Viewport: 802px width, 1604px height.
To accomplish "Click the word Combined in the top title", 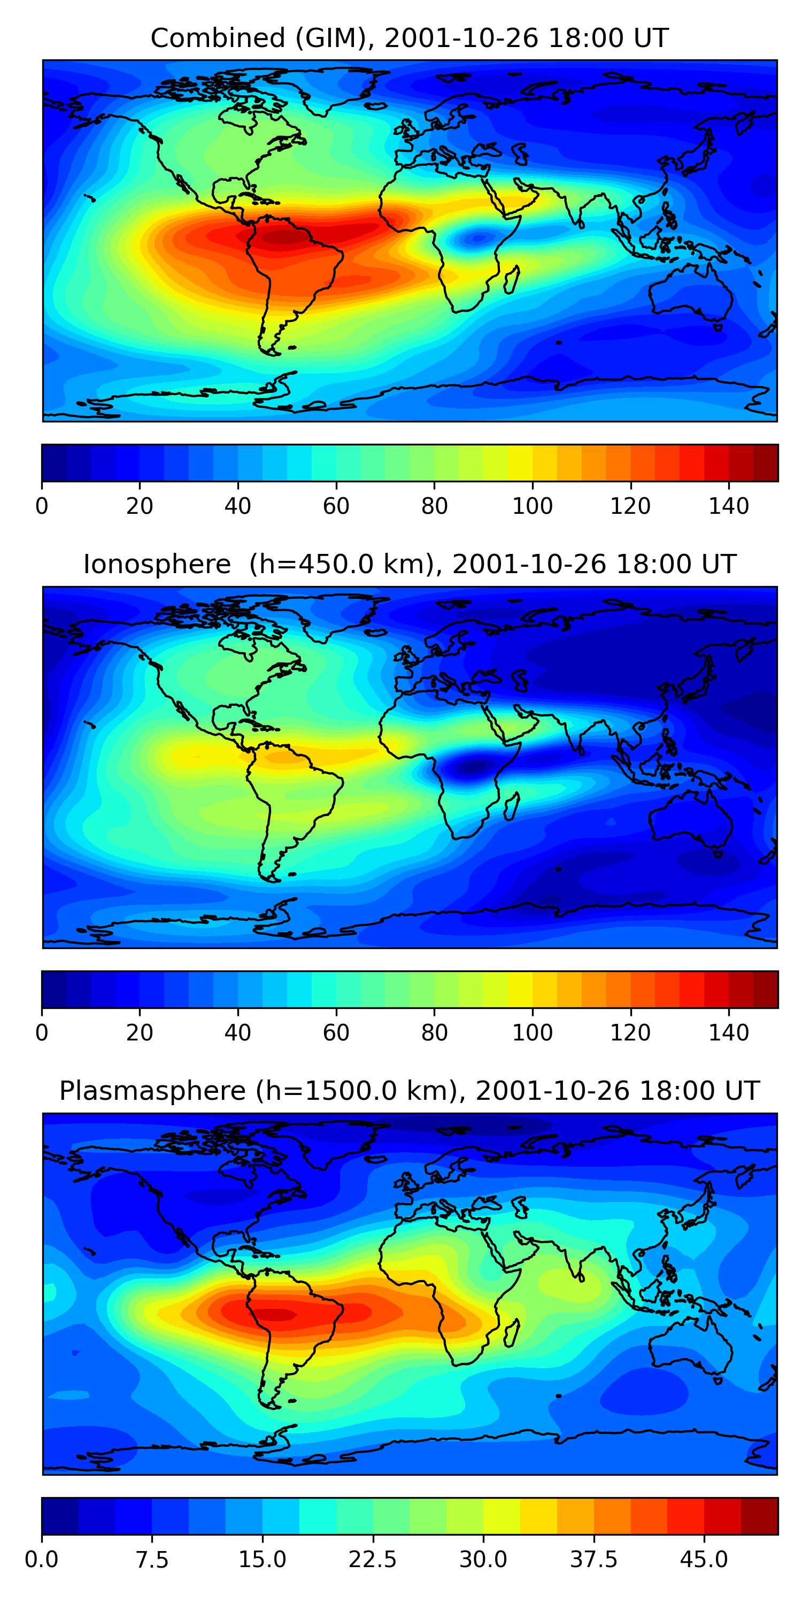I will (217, 38).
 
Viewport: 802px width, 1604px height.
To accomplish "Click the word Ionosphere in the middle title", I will (157, 565).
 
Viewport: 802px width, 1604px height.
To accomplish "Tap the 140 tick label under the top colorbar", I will (729, 506).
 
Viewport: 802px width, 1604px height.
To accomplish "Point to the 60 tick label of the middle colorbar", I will (336, 1032).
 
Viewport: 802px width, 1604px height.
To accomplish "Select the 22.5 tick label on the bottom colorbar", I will (372, 1559).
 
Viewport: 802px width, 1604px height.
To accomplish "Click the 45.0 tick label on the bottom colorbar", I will (704, 1559).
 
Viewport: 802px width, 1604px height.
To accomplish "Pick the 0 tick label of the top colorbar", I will (42, 506).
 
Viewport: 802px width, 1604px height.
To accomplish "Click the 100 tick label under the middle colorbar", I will (532, 1032).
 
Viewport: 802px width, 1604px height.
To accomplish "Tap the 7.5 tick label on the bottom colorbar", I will (152, 1559).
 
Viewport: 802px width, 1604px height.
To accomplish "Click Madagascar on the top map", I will (512, 280).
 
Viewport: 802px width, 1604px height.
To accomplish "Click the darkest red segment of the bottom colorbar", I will (759, 1516).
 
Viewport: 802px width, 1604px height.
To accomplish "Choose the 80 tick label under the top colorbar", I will (434, 506).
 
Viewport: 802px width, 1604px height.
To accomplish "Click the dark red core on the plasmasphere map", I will (277, 1314).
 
